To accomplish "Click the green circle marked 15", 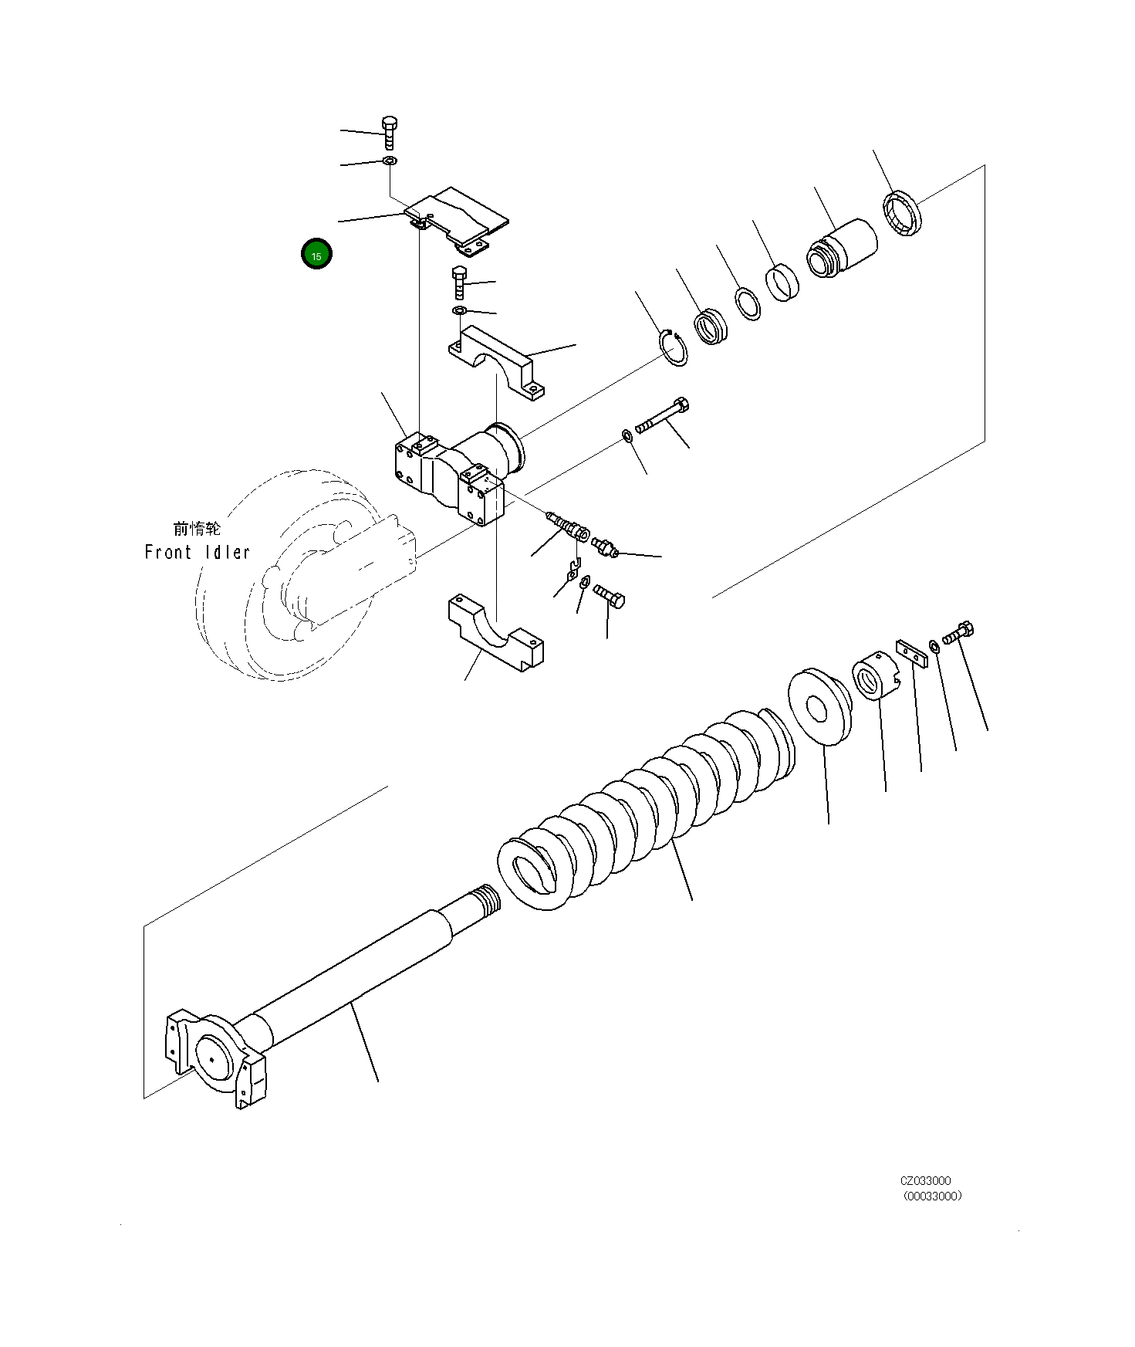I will click(x=316, y=254).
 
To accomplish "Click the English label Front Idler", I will click(x=198, y=553).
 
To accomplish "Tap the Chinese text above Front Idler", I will click(x=197, y=529).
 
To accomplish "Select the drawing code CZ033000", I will click(x=925, y=1180).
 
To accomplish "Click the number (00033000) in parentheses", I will click(x=932, y=1196).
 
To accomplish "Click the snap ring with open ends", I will click(x=674, y=348).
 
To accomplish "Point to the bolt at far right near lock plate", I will click(x=959, y=634).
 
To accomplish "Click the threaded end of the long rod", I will click(x=483, y=899).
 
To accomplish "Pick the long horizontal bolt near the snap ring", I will click(x=663, y=416).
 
